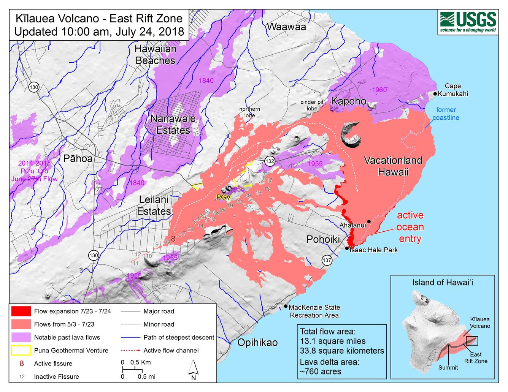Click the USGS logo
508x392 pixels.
pyautogui.click(x=468, y=22)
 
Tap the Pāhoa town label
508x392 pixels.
pyautogui.click(x=78, y=158)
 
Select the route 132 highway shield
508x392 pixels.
pyautogui.click(x=270, y=161)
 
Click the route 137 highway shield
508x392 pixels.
pyautogui.click(x=327, y=260)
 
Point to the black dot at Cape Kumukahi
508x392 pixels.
pyautogui.click(x=435, y=93)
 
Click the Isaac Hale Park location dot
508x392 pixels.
pyautogui.click(x=347, y=248)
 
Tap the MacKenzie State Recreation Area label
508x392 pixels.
pyautogui.click(x=314, y=311)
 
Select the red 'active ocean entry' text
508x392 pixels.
pyautogui.click(x=410, y=227)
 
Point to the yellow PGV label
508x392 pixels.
pyautogui.click(x=223, y=197)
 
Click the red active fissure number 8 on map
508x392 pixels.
pyautogui.click(x=173, y=239)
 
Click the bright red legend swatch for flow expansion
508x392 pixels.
pyautogui.click(x=21, y=311)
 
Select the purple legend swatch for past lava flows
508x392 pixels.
pyautogui.click(x=21, y=337)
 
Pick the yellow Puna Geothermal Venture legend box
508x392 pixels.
pyautogui.click(x=21, y=350)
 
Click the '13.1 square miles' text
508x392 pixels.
pyautogui.click(x=333, y=341)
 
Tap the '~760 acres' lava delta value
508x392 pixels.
pyautogui.click(x=321, y=371)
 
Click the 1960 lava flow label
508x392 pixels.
pyautogui.click(x=379, y=90)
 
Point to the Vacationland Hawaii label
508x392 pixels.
pyautogui.click(x=393, y=166)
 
